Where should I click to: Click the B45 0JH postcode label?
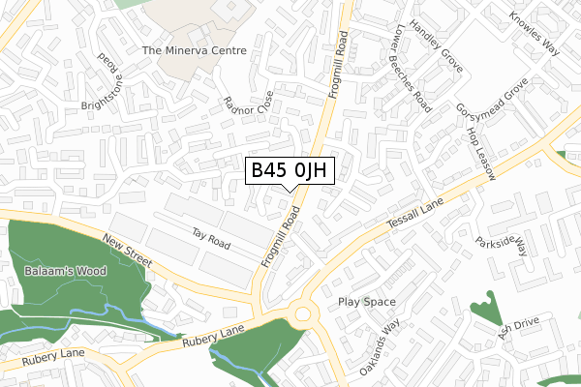[x=291, y=171]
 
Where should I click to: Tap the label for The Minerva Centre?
[x=195, y=50]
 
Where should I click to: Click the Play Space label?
[x=367, y=302]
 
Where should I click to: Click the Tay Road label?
[x=210, y=240]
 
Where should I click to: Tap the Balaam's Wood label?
[x=67, y=271]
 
